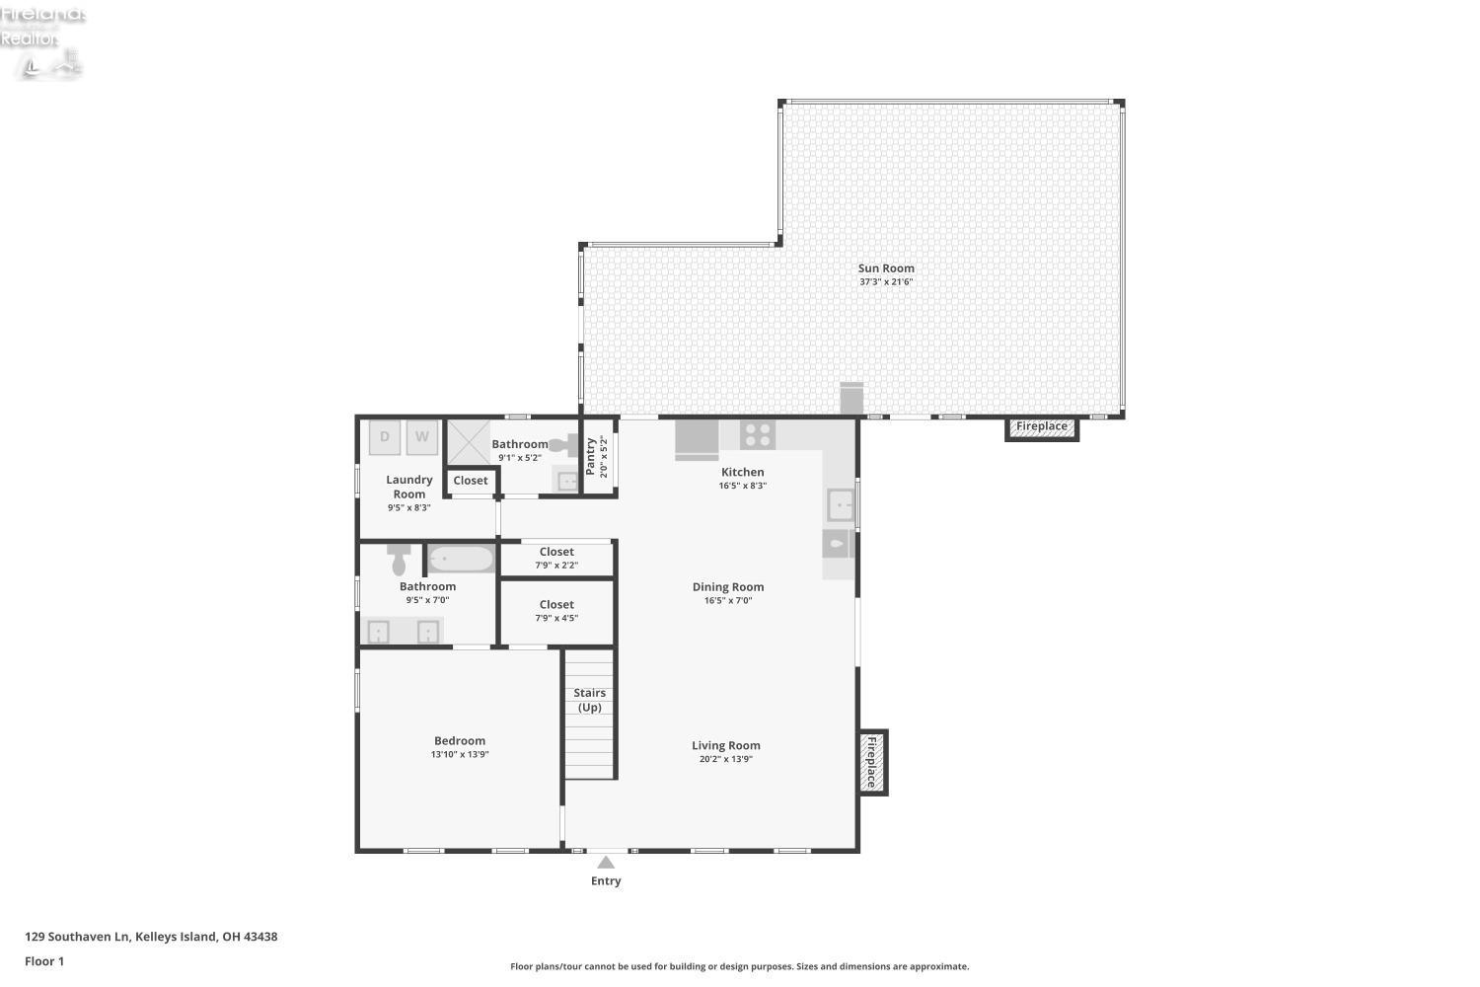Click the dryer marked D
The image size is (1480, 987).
click(x=385, y=437)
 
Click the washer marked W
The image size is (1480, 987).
click(x=421, y=436)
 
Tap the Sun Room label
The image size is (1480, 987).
click(x=886, y=267)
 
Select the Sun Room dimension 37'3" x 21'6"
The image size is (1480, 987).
click(x=886, y=282)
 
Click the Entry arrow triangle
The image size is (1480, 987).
click(x=606, y=863)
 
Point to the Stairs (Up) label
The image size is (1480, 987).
click(x=590, y=700)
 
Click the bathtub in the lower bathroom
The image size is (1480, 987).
click(x=461, y=560)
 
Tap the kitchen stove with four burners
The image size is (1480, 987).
click(x=758, y=434)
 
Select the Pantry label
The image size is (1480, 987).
click(x=591, y=457)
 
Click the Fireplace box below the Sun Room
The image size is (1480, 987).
click(x=1042, y=427)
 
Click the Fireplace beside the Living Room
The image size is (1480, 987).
click(x=872, y=762)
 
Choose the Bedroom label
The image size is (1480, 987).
click(x=460, y=740)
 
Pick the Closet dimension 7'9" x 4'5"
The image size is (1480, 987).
click(x=556, y=619)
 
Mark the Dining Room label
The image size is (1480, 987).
click(x=728, y=586)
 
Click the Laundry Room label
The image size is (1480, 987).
click(x=409, y=487)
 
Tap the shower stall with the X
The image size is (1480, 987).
click(x=469, y=442)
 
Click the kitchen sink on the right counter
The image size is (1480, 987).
click(x=840, y=504)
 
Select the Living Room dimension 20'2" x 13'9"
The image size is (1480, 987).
click(x=726, y=760)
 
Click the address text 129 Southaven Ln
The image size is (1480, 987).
click(x=78, y=937)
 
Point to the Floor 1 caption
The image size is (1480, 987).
click(x=44, y=961)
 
